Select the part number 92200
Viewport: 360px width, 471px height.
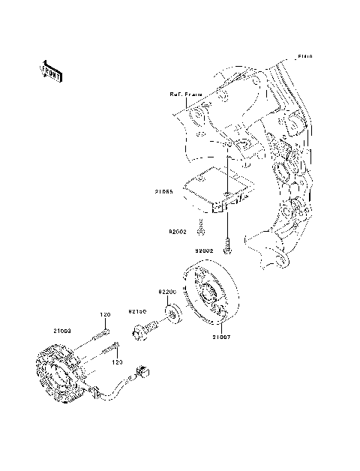coord(166,290)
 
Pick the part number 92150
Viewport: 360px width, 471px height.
coord(136,310)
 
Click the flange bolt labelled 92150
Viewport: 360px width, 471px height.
coord(145,328)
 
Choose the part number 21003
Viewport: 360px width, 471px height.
coord(62,330)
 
